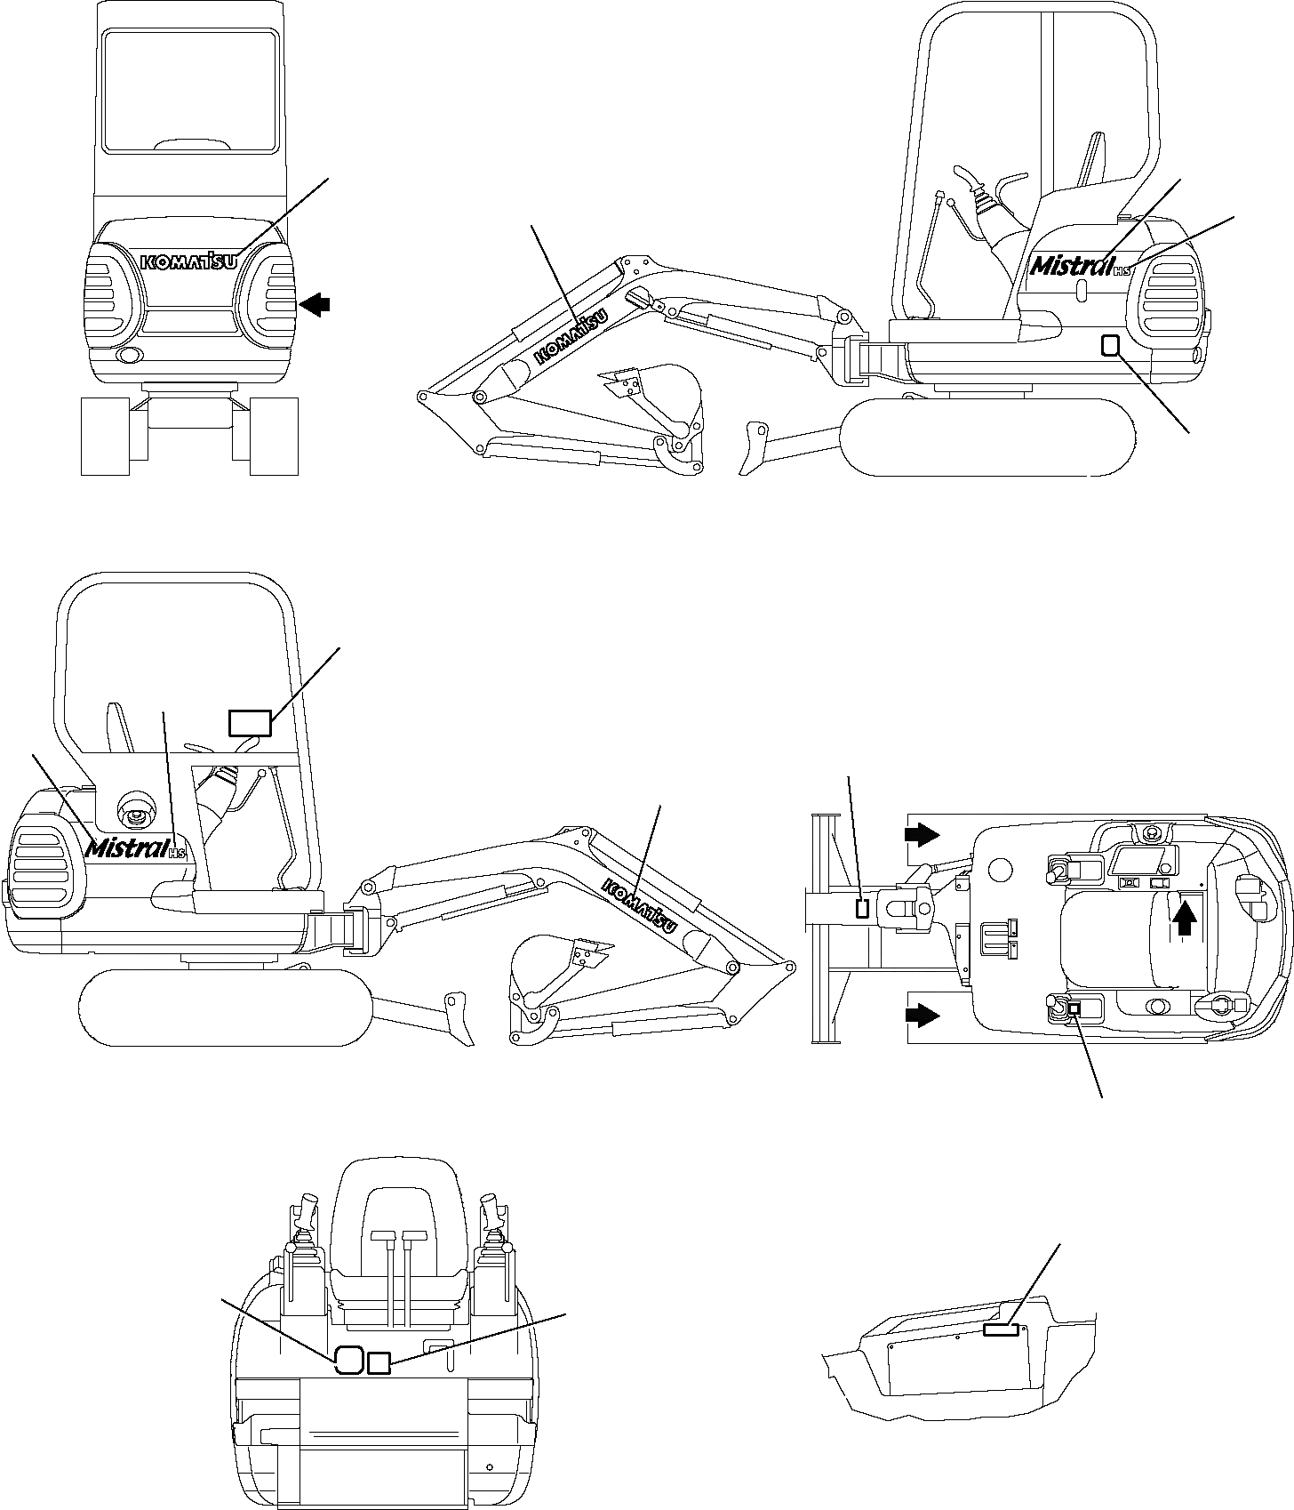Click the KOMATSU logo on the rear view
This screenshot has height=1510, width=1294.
pyautogui.click(x=188, y=261)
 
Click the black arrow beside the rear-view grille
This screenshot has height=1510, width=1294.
pyautogui.click(x=315, y=305)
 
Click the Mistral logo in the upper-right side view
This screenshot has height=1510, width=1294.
pyautogui.click(x=1071, y=265)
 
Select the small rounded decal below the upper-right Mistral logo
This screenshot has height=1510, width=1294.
pyautogui.click(x=1110, y=344)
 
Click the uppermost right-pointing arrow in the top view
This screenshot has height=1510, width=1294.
pyautogui.click(x=922, y=833)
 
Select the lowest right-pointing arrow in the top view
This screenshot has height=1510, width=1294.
pyautogui.click(x=922, y=1015)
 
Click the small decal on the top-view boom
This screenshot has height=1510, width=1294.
pyautogui.click(x=860, y=908)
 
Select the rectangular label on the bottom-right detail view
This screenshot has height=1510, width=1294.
pyautogui.click(x=1001, y=1329)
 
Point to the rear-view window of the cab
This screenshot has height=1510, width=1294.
pyautogui.click(x=188, y=89)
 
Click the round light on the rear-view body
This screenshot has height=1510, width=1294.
pyautogui.click(x=128, y=356)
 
